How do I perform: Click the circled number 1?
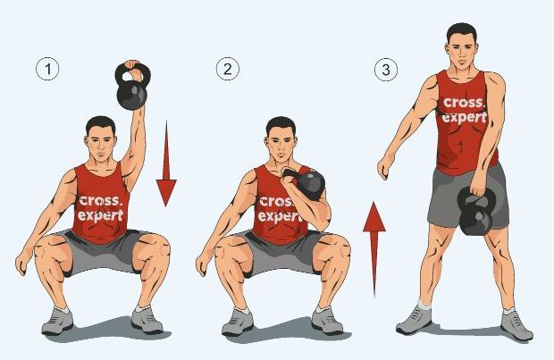point(47,69)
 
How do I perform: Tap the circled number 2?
point(228,69)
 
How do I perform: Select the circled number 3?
point(386,69)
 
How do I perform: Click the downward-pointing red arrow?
point(166,163)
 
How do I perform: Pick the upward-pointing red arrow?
point(374,249)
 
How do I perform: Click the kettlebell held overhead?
point(132,87)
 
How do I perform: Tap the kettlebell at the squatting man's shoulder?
point(307,183)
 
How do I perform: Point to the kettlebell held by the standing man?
point(476,212)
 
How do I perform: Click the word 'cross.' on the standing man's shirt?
point(464,102)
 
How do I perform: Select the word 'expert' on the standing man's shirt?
point(465,117)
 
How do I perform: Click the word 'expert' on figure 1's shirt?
point(101,215)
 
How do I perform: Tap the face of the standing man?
point(462,53)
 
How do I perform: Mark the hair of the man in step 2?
point(281,124)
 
